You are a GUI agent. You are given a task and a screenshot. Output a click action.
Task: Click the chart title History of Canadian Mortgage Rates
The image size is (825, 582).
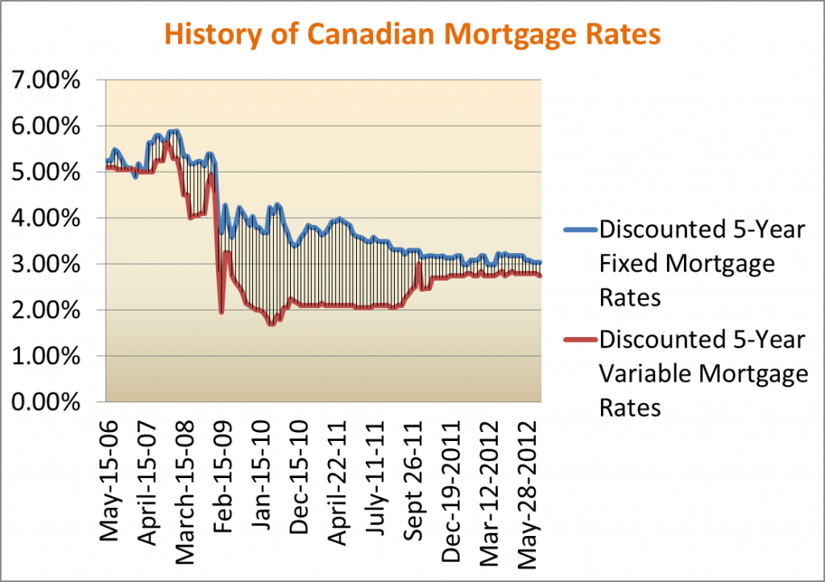pyautogui.click(x=412, y=35)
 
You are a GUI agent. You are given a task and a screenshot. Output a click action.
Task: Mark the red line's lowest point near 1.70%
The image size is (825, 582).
pyautogui.click(x=272, y=323)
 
